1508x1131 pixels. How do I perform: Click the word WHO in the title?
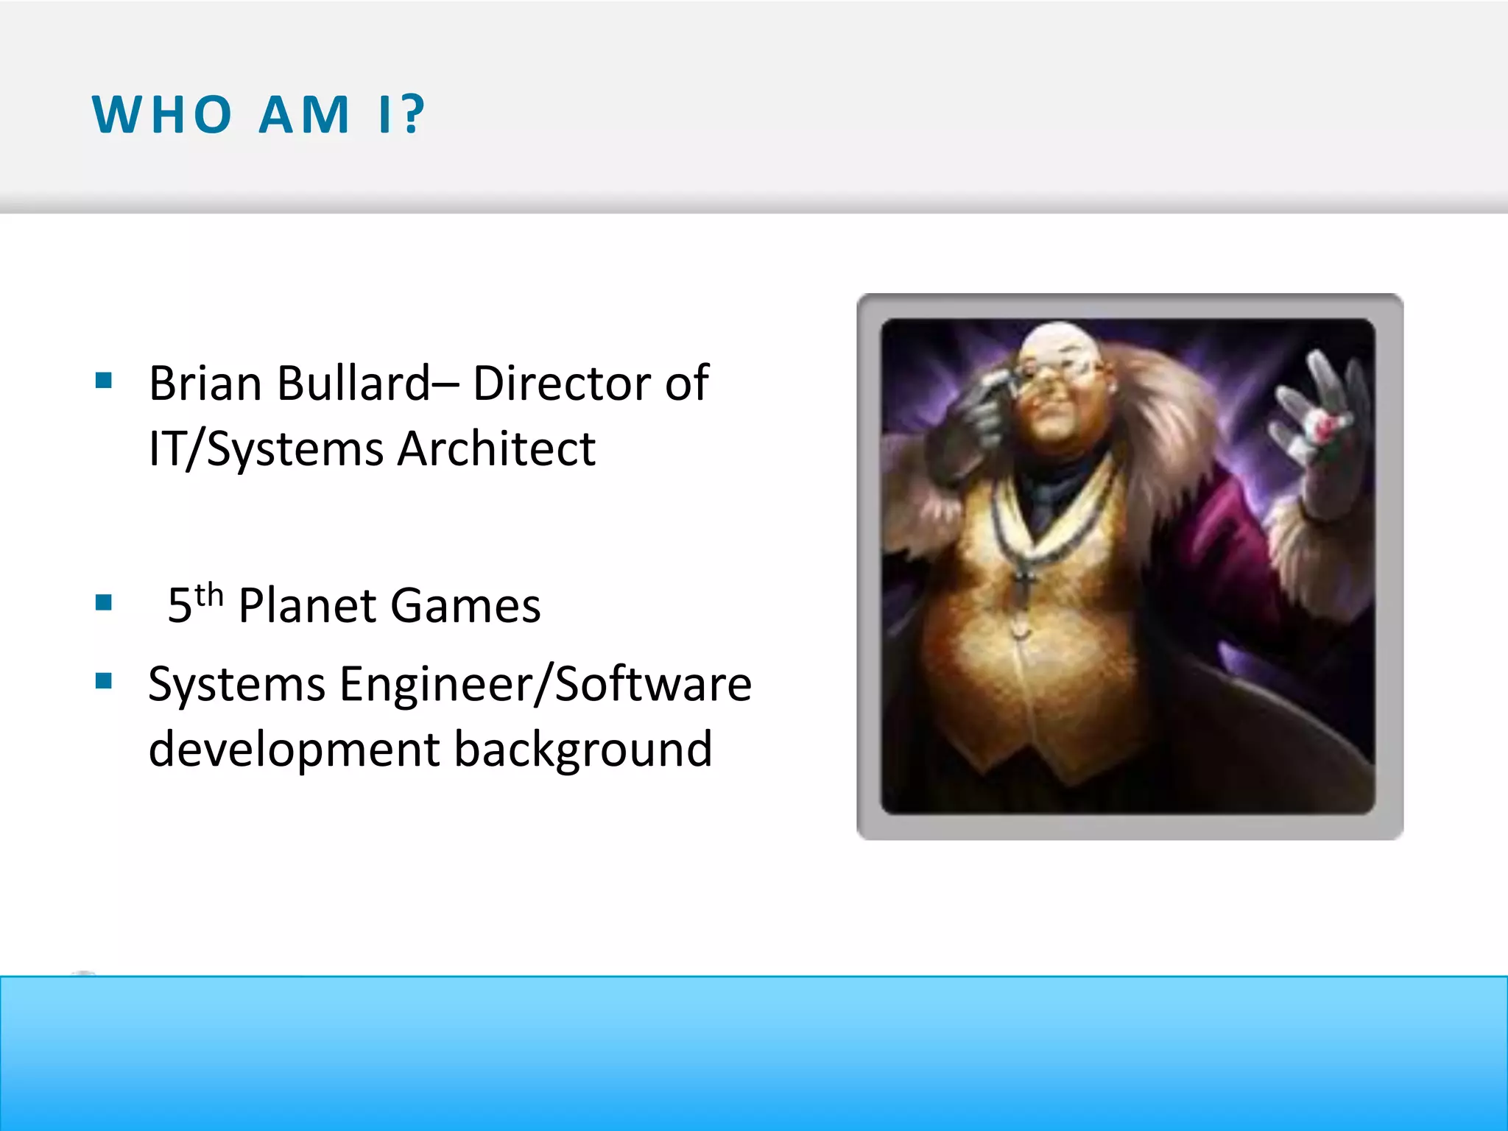coord(162,115)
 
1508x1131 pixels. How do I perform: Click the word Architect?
coord(496,449)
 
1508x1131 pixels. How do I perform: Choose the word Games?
coord(465,606)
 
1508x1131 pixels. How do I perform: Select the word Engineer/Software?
coord(546,685)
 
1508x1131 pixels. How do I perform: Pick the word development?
coord(294,750)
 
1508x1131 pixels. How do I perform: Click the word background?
coord(582,750)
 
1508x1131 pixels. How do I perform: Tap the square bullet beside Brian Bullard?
coord(104,381)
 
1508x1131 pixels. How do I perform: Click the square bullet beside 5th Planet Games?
coord(104,603)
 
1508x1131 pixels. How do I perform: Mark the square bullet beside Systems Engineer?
coord(104,681)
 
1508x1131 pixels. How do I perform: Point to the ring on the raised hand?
coord(1323,426)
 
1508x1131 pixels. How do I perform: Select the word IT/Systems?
coord(266,449)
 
